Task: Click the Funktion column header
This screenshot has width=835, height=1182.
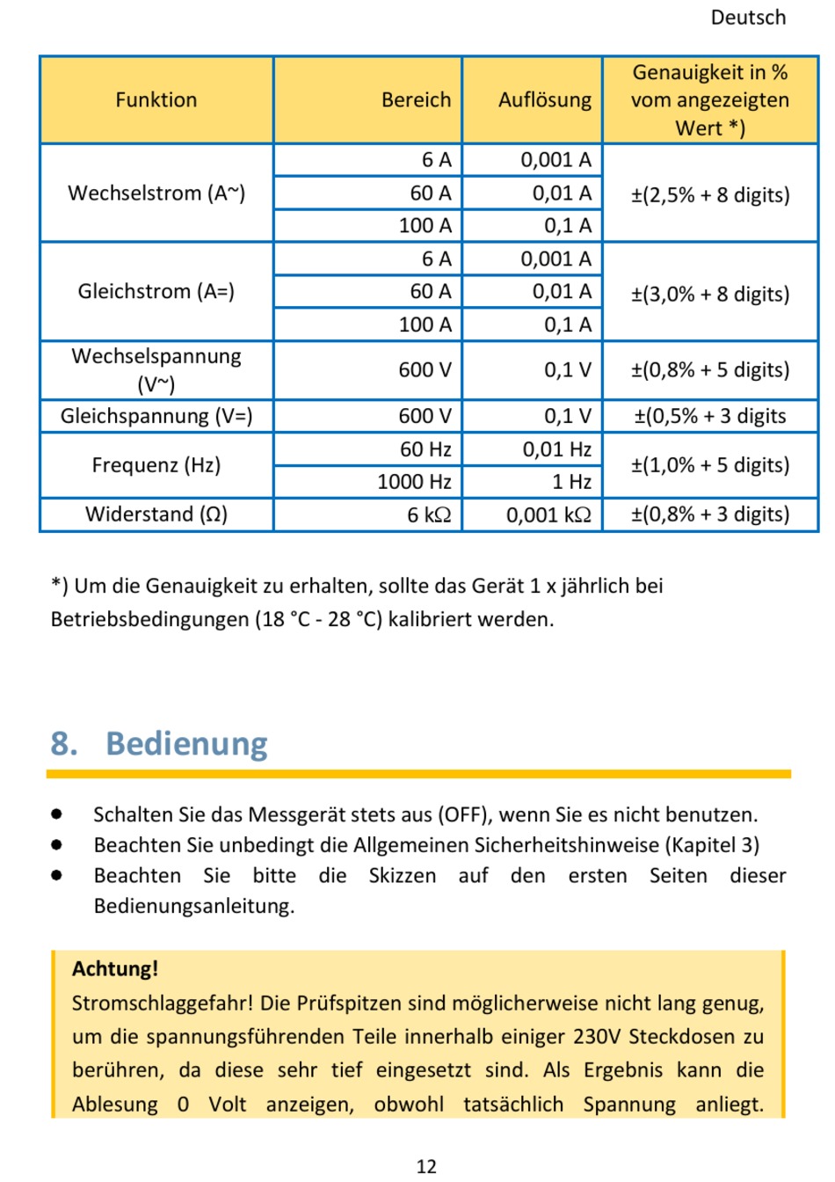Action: coord(156,99)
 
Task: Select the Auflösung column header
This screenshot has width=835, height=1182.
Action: coord(545,99)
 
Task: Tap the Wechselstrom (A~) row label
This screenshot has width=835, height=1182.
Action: coord(156,193)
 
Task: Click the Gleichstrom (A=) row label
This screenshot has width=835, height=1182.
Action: coord(156,291)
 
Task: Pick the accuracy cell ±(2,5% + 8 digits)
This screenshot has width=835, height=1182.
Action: coord(710,195)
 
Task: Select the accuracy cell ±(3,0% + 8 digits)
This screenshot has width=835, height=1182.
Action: coord(710,294)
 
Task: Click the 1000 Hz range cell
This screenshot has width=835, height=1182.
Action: coord(414,482)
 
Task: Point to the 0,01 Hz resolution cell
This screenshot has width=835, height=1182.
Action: coord(557,449)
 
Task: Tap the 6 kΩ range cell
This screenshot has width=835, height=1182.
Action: coord(429,514)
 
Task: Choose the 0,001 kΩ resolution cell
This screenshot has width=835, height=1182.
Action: coord(548,514)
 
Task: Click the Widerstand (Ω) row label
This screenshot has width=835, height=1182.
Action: coord(156,514)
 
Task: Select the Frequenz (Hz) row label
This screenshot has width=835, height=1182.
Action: coord(156,465)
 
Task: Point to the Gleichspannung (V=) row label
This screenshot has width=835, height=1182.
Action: coord(156,416)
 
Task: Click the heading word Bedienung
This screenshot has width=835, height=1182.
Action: coord(186,743)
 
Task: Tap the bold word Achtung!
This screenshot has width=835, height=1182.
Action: coord(115,968)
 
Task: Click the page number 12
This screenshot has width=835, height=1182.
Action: coord(426,1166)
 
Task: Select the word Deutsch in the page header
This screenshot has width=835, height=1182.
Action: coord(748,18)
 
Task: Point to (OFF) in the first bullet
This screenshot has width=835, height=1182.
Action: coord(465,814)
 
